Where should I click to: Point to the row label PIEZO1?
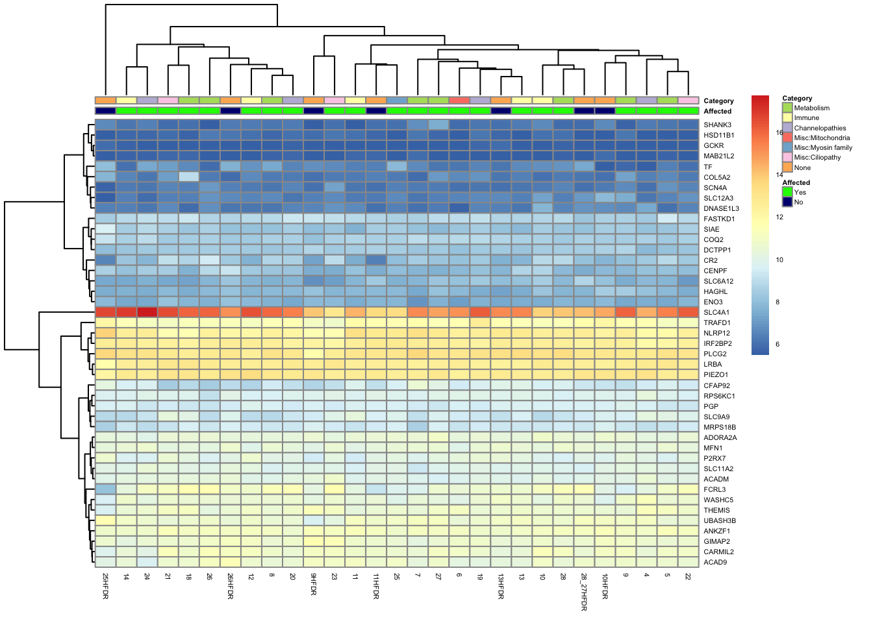point(716,374)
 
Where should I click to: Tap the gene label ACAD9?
point(715,562)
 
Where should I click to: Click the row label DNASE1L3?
point(721,208)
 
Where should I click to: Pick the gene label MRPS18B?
point(720,427)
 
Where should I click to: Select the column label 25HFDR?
point(105,585)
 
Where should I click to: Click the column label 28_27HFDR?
point(584,591)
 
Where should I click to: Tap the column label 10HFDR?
point(605,585)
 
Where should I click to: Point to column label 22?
point(688,576)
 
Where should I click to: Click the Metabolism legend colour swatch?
point(787,108)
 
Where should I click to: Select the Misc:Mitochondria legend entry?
point(821,138)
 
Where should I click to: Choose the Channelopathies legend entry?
point(820,128)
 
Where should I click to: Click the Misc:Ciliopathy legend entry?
point(816,157)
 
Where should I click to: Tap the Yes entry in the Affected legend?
point(800,192)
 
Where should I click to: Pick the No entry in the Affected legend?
point(798,202)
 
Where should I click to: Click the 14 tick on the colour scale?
point(779,175)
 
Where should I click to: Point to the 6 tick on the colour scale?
point(778,344)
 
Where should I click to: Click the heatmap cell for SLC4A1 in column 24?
point(147,312)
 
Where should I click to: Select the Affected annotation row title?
point(717,111)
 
